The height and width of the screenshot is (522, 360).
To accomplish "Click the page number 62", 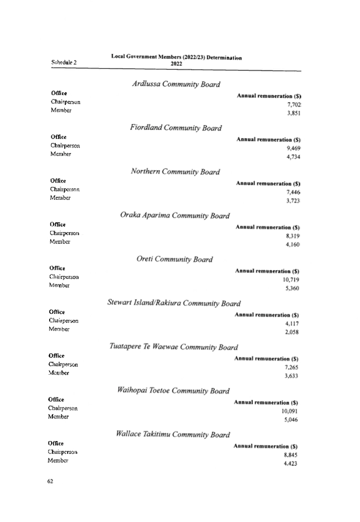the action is [50, 481].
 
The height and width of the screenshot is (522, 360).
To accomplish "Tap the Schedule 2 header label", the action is [64, 63].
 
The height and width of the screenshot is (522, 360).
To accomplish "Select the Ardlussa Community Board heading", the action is [176, 84].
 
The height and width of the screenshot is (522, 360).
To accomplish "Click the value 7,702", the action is [294, 104].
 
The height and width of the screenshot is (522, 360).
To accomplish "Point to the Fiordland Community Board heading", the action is [176, 127].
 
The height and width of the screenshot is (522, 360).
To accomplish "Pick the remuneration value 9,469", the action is [294, 148].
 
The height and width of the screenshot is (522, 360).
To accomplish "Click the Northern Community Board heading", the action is [175, 171].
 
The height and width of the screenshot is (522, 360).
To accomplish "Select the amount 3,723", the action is [293, 201].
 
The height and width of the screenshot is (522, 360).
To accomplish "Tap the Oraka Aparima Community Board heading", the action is [175, 215].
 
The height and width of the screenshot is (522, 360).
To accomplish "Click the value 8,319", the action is [293, 236].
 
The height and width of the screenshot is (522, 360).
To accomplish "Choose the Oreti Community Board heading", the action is [175, 259].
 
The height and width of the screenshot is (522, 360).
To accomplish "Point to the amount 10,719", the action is [291, 280].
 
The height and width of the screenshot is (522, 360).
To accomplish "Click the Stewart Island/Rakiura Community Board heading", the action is [174, 303].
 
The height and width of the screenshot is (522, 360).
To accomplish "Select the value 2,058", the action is [292, 332].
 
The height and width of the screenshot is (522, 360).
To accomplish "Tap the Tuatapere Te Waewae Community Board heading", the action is [174, 347].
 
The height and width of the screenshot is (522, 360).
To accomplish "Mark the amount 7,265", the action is [291, 367].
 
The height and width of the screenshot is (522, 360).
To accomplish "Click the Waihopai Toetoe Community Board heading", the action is [174, 390].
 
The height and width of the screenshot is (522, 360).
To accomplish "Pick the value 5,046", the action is [291, 419].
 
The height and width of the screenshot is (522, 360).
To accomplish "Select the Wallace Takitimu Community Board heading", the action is [173, 434].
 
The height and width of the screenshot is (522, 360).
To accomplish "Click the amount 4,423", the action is [290, 463].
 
